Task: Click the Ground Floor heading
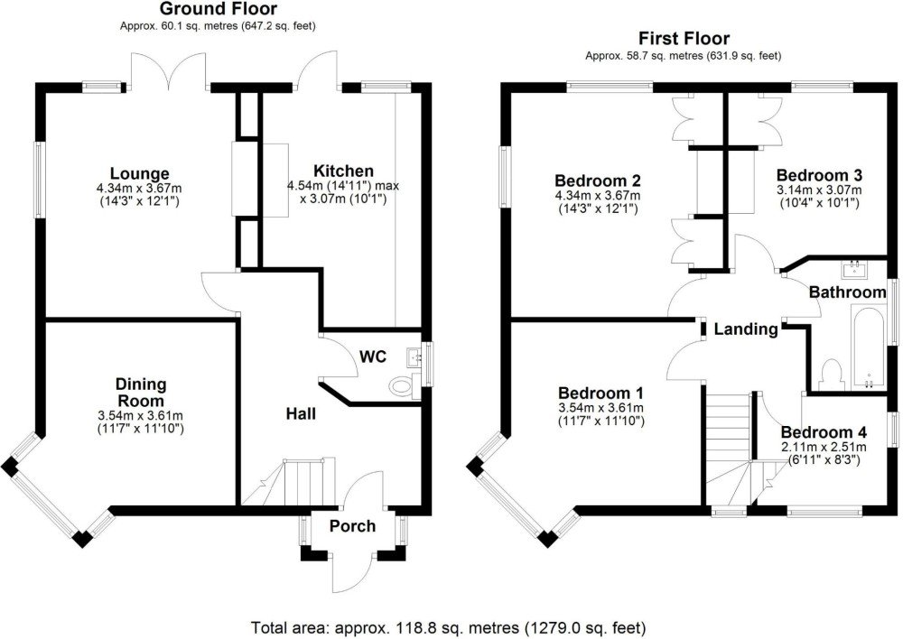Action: tap(218, 9)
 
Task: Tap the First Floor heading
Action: tap(684, 39)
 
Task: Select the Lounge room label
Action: tap(140, 173)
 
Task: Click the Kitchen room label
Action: tap(343, 171)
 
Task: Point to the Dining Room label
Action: tap(141, 392)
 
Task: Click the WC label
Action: tap(373, 357)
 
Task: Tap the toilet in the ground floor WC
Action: tap(402, 385)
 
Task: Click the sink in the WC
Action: tap(414, 357)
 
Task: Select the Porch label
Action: tap(352, 526)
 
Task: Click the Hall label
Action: tap(302, 413)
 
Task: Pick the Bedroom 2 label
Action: tap(597, 181)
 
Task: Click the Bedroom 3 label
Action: tap(820, 175)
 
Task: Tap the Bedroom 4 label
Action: tap(824, 432)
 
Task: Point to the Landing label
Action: tap(746, 329)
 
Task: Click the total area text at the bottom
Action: tap(449, 627)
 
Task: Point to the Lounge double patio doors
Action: tap(169, 70)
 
